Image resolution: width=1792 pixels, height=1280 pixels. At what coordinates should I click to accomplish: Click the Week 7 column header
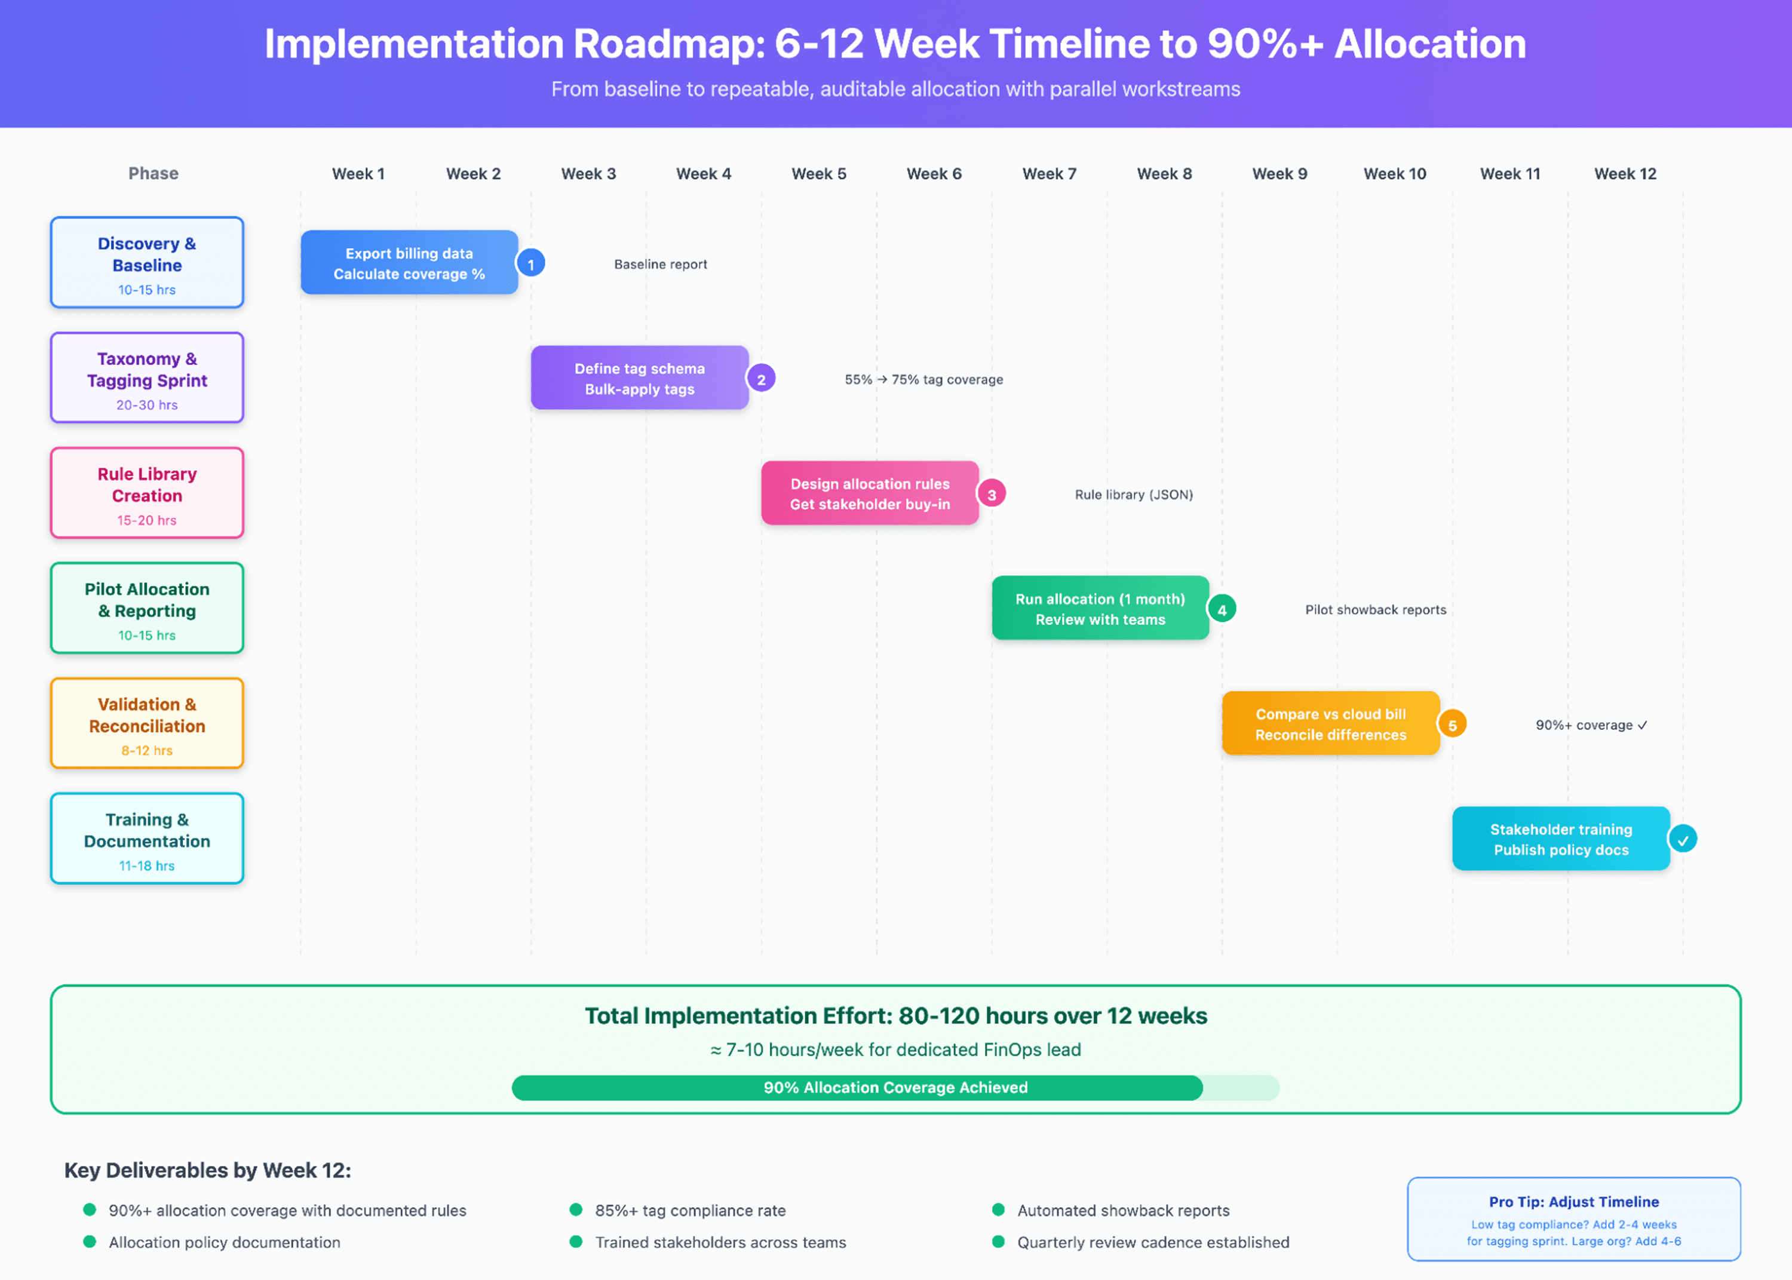point(1049,173)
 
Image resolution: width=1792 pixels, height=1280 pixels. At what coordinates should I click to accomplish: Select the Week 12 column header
point(1625,173)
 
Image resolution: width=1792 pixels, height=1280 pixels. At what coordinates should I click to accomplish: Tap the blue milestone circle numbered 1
point(530,264)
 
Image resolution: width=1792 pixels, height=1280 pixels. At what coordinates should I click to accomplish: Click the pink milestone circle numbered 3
point(992,494)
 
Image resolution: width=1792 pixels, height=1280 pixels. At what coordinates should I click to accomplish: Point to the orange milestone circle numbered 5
point(1452,725)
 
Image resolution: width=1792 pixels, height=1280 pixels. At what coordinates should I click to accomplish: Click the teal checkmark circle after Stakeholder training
point(1683,839)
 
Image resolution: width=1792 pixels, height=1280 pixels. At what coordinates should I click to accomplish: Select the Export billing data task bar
point(409,262)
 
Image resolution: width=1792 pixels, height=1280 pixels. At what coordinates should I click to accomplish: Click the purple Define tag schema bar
point(639,377)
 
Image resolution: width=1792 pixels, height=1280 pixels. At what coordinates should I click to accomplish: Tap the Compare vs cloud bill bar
point(1331,723)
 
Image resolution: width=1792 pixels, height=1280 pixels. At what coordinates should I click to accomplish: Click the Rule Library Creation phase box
point(148,493)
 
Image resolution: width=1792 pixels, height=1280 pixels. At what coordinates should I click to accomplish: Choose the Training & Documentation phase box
point(148,839)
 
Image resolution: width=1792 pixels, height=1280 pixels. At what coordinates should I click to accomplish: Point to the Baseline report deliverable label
point(661,264)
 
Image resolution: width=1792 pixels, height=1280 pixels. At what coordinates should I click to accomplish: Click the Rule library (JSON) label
point(1134,494)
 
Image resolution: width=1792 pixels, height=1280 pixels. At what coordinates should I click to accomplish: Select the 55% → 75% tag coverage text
point(923,379)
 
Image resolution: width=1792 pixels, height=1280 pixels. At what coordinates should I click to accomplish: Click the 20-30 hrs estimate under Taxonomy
point(148,404)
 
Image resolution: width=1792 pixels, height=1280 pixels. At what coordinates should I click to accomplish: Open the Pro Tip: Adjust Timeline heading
point(1574,1201)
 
